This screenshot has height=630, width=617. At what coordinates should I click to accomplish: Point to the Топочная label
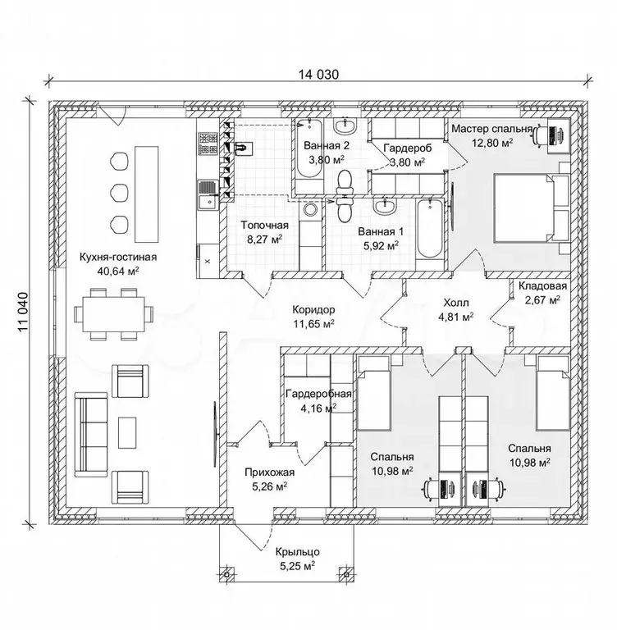tap(263, 226)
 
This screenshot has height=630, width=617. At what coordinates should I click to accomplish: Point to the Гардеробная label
tap(320, 394)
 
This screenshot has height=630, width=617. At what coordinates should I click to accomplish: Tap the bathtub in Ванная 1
tap(429, 231)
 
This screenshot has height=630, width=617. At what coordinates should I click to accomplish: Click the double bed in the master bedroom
tap(527, 207)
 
